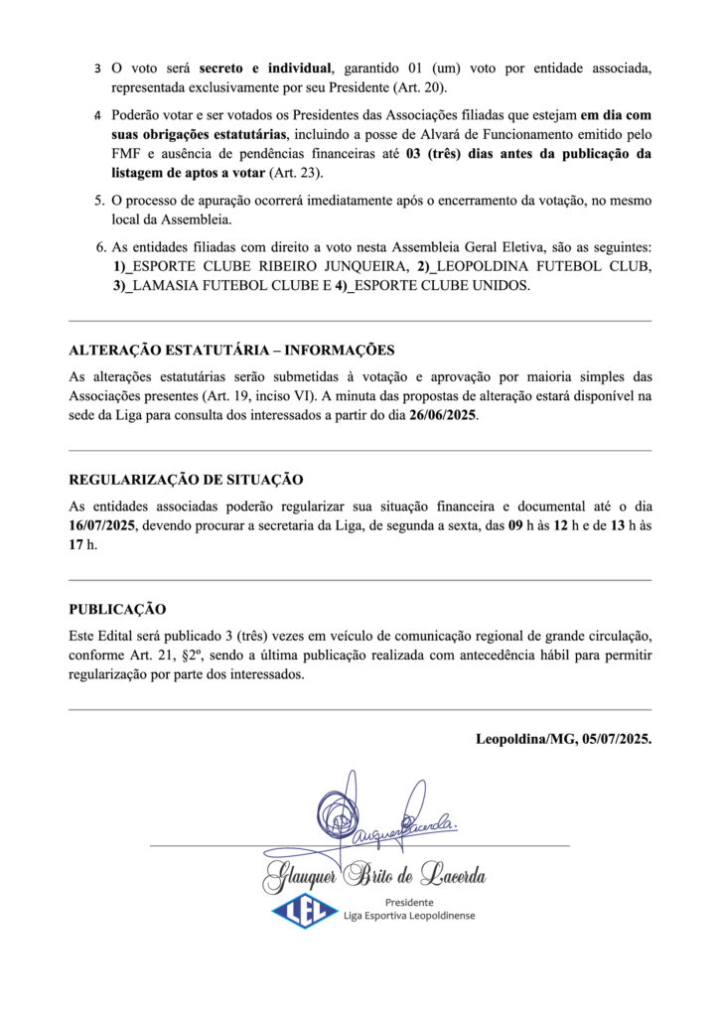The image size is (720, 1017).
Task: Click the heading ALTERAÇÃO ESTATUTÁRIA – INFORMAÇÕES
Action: click(231, 350)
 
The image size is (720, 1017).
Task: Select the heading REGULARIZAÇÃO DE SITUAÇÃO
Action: click(186, 479)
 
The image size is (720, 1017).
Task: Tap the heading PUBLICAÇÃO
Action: click(117, 608)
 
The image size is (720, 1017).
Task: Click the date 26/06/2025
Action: click(443, 415)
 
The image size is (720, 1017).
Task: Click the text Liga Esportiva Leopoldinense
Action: click(408, 915)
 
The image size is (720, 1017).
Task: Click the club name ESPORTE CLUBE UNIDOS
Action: click(442, 286)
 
